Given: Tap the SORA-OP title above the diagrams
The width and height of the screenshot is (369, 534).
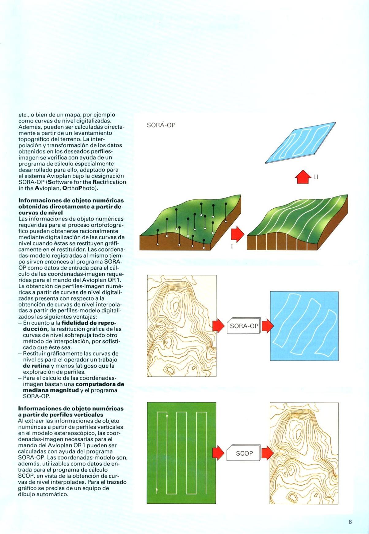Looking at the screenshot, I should [x=161, y=125].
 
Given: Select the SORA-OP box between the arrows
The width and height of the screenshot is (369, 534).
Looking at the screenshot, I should [x=244, y=326].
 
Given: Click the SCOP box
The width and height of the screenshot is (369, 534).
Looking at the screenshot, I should [x=244, y=453].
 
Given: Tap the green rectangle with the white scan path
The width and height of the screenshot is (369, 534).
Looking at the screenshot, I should [x=181, y=453].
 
